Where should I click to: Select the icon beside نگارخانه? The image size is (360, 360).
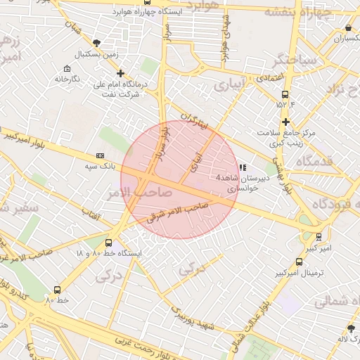[67, 69]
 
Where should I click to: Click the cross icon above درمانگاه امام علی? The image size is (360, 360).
[120, 73]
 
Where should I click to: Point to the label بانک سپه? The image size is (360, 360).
[98, 166]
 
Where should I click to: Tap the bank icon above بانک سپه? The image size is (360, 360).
[99, 156]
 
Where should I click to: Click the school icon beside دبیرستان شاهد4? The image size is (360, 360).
[243, 167]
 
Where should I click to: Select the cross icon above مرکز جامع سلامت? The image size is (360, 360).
[285, 122]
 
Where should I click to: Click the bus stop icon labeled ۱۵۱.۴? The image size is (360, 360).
[285, 94]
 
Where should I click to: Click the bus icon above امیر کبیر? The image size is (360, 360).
[320, 237]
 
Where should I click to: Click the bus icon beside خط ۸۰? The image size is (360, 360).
[57, 290]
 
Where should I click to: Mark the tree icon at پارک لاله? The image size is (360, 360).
[351, 328]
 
